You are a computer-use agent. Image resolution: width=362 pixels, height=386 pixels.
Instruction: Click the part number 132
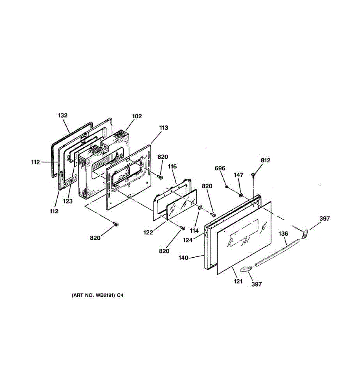click(63, 115)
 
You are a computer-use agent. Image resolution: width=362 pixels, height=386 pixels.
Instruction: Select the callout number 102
click(137, 116)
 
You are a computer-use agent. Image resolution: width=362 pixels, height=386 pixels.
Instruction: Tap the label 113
click(163, 128)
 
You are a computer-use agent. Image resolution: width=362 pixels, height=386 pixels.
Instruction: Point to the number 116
click(172, 166)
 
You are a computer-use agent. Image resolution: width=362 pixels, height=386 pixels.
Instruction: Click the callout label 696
click(220, 168)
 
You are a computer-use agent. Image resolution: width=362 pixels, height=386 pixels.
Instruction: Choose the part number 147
click(238, 175)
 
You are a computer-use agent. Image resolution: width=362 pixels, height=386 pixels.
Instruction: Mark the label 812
click(265, 160)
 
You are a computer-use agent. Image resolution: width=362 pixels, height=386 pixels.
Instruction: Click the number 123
click(68, 201)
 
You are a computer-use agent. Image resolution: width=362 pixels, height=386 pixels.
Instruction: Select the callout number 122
click(148, 233)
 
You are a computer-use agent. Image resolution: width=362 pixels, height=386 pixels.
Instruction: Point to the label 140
click(184, 257)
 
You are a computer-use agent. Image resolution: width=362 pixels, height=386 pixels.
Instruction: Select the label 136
click(283, 234)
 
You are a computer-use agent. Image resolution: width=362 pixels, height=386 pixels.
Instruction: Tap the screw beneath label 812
click(253, 175)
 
